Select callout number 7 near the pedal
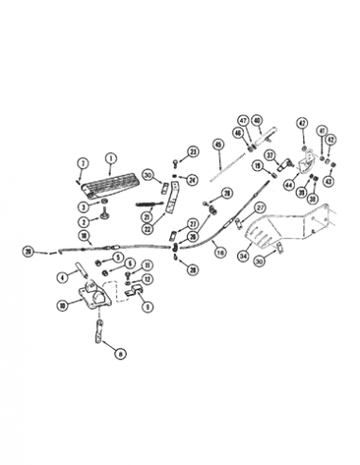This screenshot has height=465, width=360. tap(82, 164)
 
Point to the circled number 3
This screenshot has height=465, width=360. tap(83, 206)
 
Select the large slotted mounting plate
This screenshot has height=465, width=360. tap(283, 232)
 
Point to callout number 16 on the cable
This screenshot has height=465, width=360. tap(218, 250)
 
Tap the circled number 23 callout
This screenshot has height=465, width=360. tap(193, 151)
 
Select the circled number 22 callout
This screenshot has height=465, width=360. tap(147, 228)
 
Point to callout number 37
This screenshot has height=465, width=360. tap(269, 156)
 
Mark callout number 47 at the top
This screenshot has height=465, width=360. tap(243, 121)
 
